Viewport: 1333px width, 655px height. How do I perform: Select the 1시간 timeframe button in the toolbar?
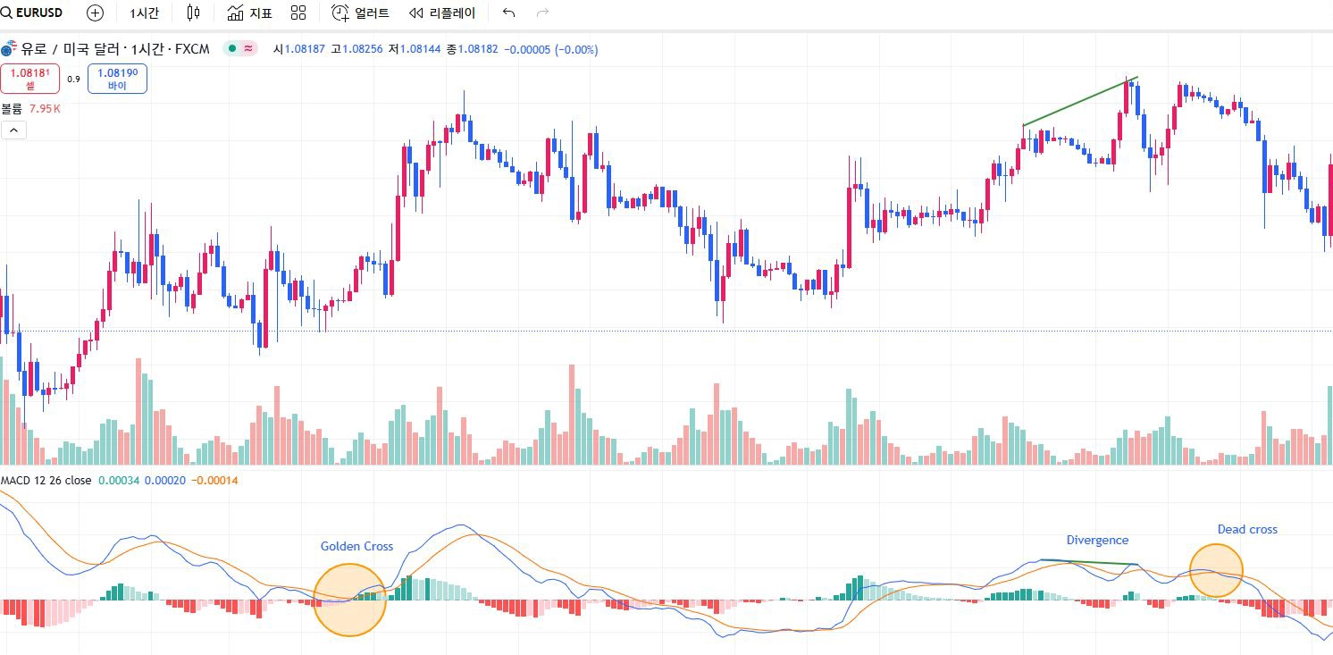click(144, 13)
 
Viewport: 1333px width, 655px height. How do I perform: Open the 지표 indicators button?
click(249, 13)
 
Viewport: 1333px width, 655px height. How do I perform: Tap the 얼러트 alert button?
click(360, 13)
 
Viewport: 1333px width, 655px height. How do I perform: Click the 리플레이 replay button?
click(442, 13)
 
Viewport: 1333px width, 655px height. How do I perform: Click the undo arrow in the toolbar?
click(509, 13)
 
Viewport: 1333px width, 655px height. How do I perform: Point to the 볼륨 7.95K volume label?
click(31, 108)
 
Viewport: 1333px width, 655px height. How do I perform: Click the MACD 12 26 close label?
click(46, 481)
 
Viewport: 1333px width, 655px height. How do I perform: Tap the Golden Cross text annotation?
click(356, 546)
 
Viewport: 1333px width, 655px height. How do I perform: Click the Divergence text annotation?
click(1097, 540)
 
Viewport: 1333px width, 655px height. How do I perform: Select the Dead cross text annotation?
click(1247, 529)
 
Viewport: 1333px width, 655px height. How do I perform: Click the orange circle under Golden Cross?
click(350, 600)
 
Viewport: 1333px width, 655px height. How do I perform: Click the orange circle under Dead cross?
click(1216, 570)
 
